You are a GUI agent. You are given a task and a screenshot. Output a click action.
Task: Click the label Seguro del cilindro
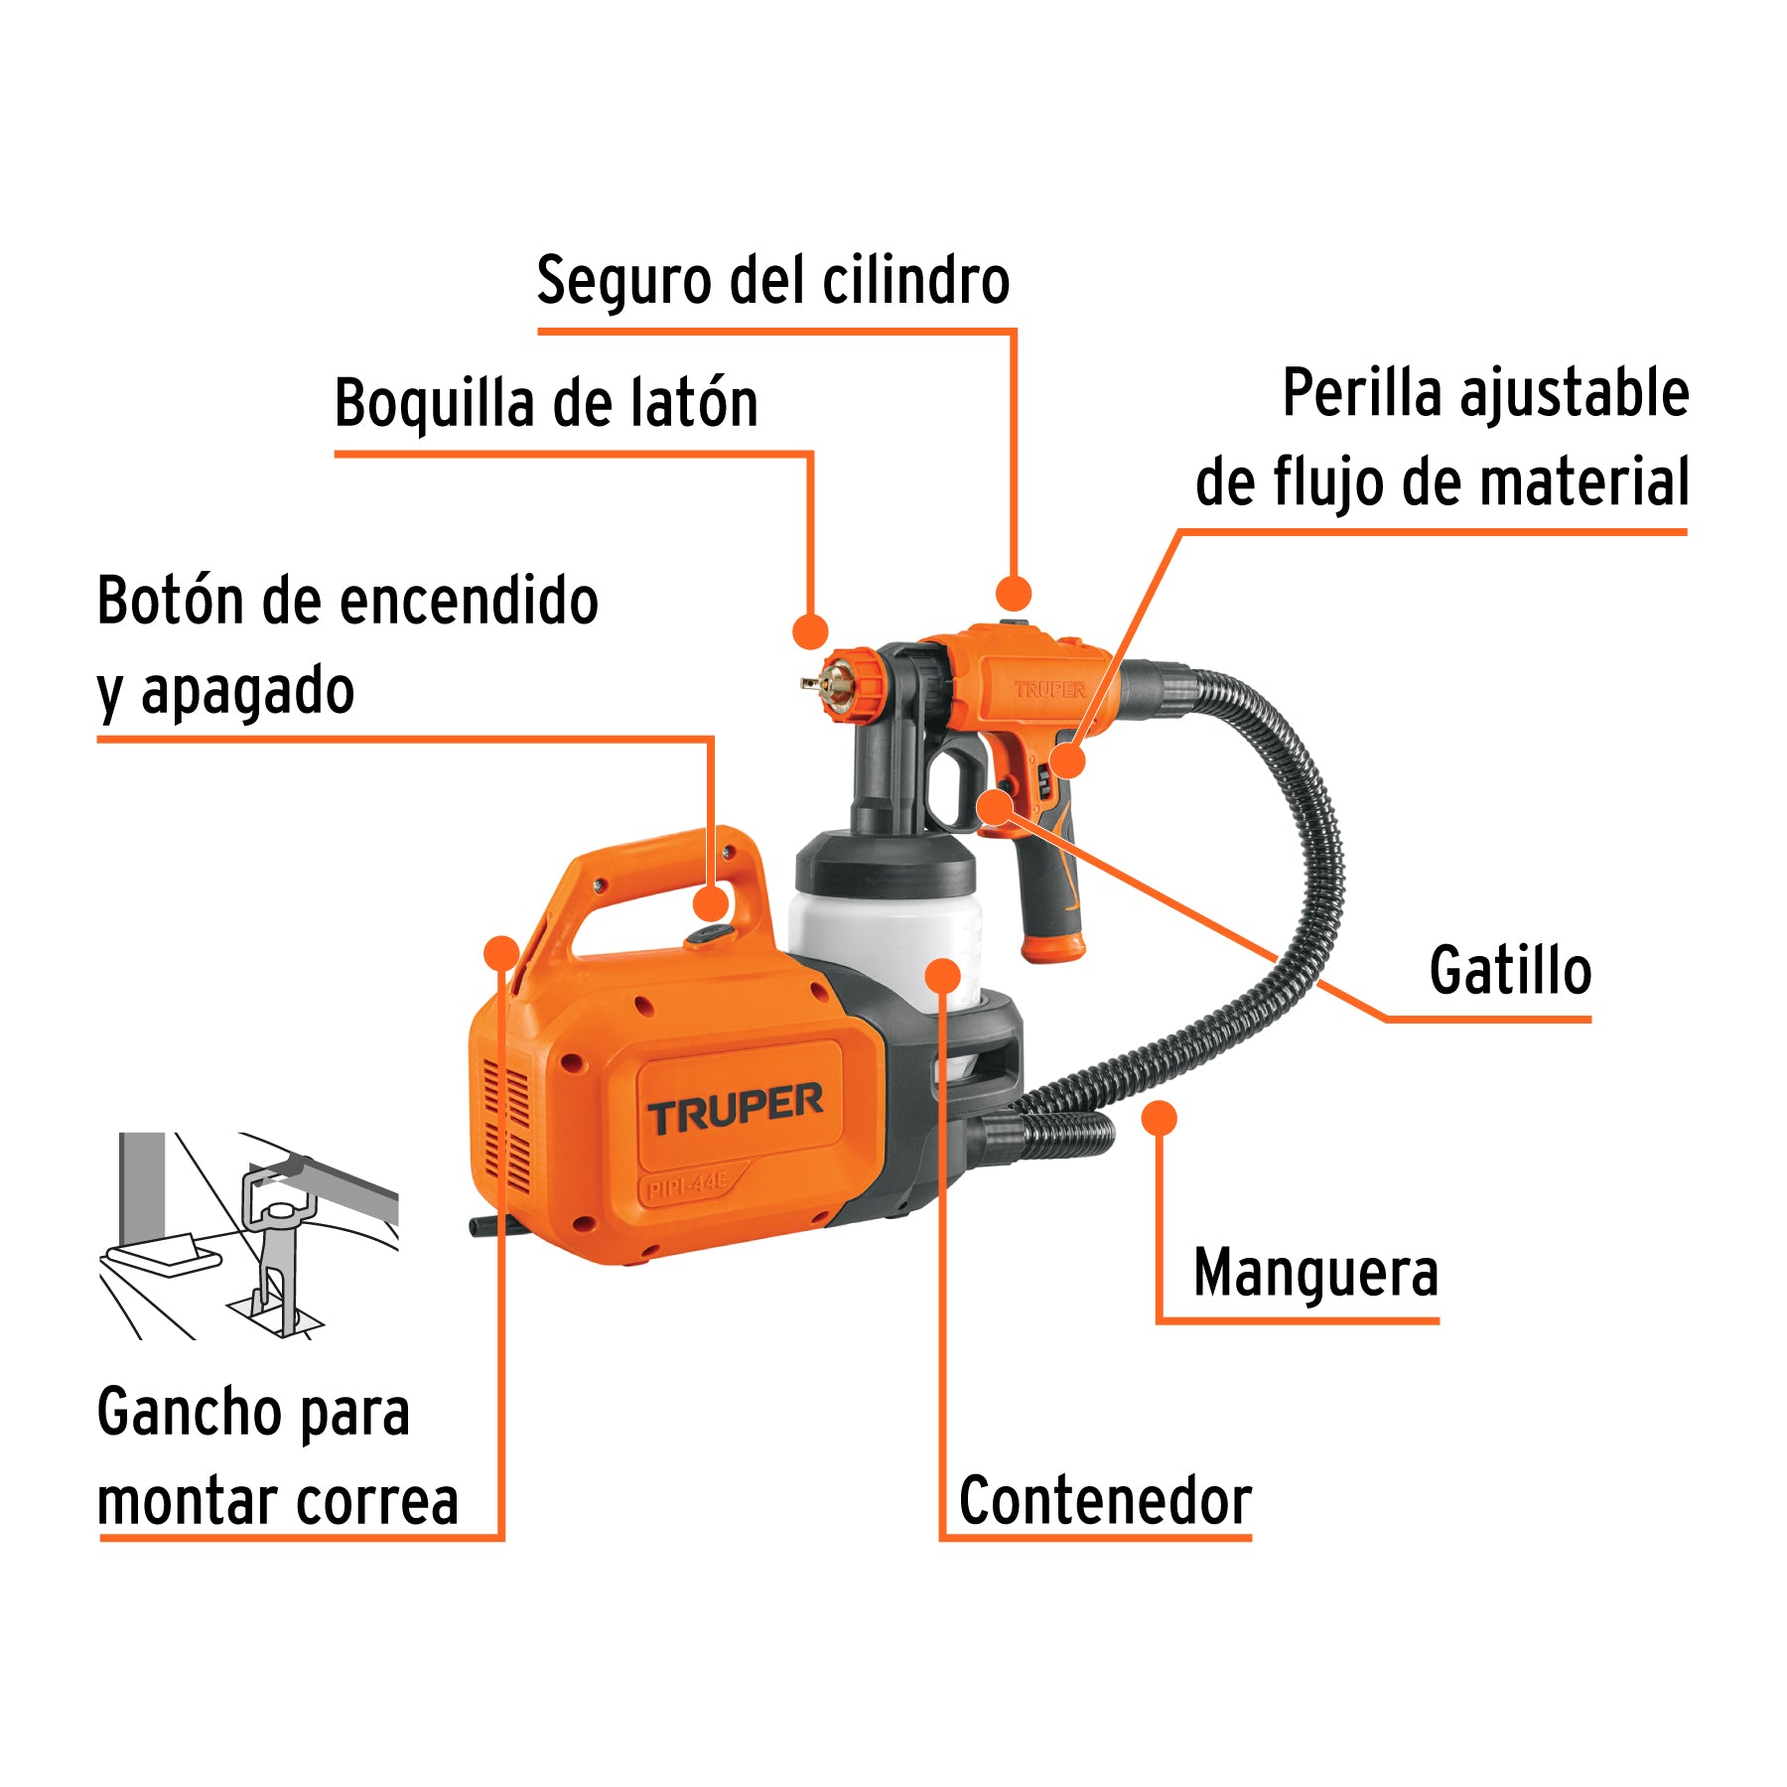click(772, 281)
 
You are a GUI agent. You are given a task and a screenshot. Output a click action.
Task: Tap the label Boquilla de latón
click(546, 404)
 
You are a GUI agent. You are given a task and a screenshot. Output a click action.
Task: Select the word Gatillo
click(1509, 971)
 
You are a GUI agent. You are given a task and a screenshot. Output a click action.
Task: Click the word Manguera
click(1315, 1273)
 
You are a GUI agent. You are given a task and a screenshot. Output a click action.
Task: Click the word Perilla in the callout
click(1362, 393)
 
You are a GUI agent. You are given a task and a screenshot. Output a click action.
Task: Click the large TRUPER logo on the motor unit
click(735, 1109)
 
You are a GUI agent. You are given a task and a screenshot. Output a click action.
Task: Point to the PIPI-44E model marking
click(687, 1184)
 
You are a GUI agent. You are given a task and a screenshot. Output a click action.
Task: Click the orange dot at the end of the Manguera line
click(1159, 1119)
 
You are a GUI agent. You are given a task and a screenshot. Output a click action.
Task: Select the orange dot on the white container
click(942, 975)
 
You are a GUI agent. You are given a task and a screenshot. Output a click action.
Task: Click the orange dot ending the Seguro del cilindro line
click(1013, 594)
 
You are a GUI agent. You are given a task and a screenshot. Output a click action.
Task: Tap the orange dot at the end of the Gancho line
click(501, 953)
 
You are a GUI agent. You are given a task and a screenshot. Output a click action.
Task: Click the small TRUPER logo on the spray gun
click(1049, 689)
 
